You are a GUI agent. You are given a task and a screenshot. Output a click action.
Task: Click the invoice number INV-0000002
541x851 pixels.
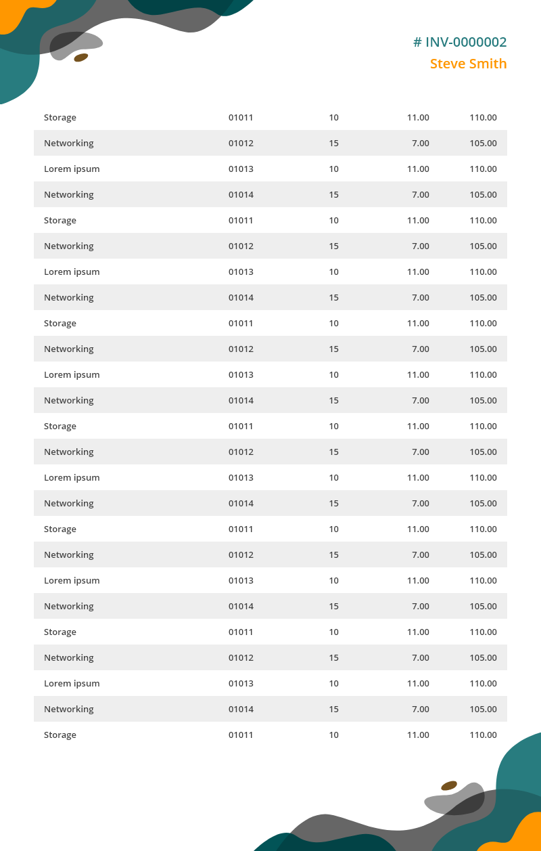tap(466, 42)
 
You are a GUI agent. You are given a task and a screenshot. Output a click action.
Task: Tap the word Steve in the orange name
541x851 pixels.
tap(448, 64)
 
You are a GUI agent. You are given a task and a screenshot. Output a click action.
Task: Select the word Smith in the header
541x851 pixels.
tap(488, 64)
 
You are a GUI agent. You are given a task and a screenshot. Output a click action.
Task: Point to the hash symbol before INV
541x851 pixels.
tap(417, 42)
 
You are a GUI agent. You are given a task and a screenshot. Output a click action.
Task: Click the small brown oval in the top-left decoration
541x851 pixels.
tap(81, 58)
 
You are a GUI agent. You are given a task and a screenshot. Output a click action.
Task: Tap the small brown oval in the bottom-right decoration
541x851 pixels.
tap(449, 785)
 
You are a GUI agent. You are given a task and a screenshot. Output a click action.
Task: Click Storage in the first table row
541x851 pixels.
tap(60, 117)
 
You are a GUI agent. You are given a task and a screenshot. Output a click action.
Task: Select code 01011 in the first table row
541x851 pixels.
tap(241, 117)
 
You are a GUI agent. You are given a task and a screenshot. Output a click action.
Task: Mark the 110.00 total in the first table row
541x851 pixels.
tap(483, 117)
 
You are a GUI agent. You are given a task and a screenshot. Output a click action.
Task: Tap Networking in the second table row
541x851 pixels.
tap(69, 143)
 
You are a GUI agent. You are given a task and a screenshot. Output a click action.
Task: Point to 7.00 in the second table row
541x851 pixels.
tap(420, 143)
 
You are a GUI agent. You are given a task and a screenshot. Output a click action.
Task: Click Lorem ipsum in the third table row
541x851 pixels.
tap(72, 169)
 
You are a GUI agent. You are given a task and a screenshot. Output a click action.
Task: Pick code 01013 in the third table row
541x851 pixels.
tap(241, 169)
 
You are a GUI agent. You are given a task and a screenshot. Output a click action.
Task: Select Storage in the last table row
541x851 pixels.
tap(60, 735)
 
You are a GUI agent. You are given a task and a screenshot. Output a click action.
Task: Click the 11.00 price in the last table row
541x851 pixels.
tap(418, 735)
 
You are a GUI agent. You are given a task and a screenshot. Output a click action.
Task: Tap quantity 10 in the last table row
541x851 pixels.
tap(333, 735)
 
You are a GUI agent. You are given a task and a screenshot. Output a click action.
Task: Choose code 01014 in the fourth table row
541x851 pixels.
tap(241, 194)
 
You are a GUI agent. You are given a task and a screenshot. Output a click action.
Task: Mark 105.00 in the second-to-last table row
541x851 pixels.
tap(483, 709)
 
